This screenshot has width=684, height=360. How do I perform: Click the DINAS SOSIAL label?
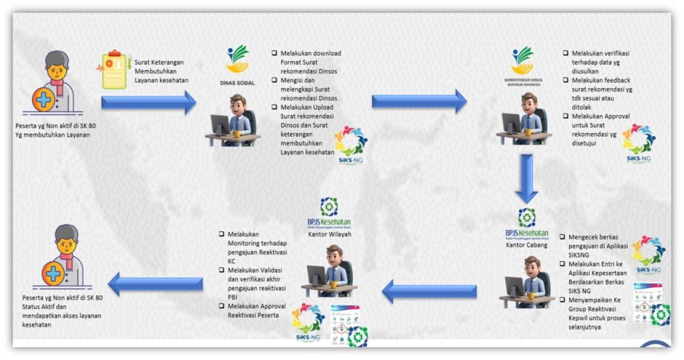(237, 83)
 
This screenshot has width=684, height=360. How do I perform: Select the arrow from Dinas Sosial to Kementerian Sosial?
(419, 102)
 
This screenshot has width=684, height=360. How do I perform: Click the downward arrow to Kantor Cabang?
(526, 178)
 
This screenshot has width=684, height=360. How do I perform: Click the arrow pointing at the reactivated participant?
(156, 283)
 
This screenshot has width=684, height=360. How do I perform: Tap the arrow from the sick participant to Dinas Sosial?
(148, 102)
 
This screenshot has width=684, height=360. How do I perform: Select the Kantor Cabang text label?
(526, 245)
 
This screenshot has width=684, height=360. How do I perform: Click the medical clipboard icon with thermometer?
(113, 71)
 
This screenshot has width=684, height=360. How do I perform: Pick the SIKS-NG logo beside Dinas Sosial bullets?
(350, 144)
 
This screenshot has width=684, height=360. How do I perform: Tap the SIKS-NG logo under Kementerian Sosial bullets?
(639, 143)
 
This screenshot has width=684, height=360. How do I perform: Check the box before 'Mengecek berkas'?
(563, 237)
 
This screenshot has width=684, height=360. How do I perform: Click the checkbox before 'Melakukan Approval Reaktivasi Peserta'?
(220, 306)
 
